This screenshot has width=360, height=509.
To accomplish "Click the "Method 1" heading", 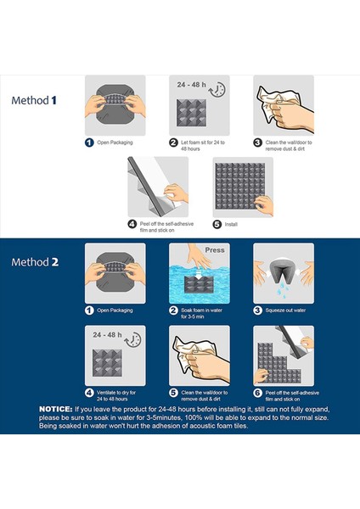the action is click(x=34, y=100).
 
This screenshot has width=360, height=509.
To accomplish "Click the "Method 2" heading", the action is click(x=35, y=262).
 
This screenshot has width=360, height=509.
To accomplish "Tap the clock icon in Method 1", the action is click(x=217, y=90).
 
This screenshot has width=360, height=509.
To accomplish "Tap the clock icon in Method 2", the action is click(x=133, y=340).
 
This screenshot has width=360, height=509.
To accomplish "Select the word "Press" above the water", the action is click(x=215, y=250).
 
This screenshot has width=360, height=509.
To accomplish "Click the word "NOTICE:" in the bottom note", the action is click(x=55, y=409).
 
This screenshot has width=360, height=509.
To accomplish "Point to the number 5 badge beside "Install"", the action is click(x=217, y=224).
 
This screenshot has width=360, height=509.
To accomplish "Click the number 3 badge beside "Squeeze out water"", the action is click(x=257, y=310).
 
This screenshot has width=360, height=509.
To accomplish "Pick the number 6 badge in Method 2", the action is click(x=257, y=393).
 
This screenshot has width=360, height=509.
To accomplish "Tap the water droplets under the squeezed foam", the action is click(x=281, y=290).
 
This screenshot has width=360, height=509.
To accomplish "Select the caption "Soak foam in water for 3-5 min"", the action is click(x=201, y=313).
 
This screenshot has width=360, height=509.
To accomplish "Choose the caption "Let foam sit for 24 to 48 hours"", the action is click(x=203, y=145).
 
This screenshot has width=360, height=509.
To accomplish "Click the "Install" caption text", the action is click(x=231, y=224).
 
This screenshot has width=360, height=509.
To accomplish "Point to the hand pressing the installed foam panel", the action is click(x=265, y=205).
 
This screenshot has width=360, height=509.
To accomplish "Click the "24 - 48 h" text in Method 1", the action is click(x=191, y=85).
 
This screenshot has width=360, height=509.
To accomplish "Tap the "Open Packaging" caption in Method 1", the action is click(x=115, y=143).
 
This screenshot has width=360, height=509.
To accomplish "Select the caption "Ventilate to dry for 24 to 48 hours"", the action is click(x=116, y=395).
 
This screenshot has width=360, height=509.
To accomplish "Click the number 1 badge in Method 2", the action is click(x=89, y=310).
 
